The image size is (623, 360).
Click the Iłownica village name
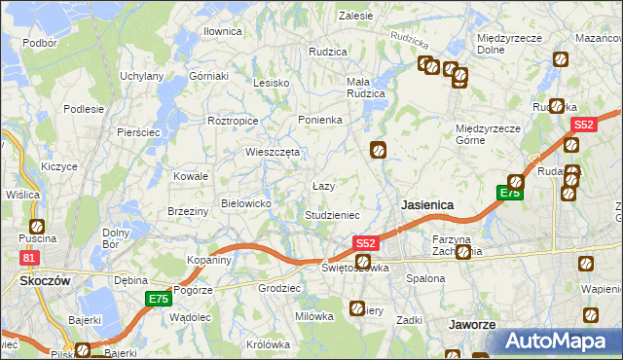point(222,31)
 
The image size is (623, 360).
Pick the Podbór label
point(39,43)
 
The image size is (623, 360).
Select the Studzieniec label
point(333,214)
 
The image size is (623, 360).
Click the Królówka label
point(269,344)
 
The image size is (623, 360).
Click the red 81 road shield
point(29,257)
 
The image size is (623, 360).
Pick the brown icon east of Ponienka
point(378,150)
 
